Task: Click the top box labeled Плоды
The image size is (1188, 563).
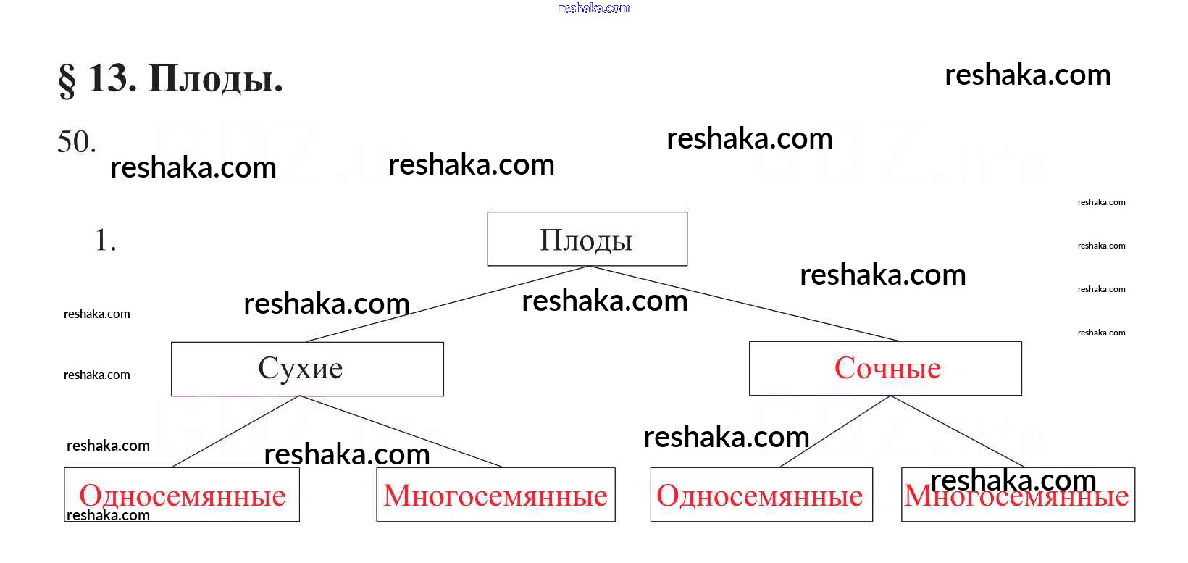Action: click(587, 239)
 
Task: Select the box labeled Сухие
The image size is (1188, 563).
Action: click(307, 369)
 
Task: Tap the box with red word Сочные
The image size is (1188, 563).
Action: click(885, 368)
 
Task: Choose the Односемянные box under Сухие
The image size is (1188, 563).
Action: click(182, 496)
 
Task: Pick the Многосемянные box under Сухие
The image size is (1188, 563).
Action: click(495, 496)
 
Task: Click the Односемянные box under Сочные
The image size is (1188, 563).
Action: click(761, 496)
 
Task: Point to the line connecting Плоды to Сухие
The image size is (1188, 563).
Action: click(449, 304)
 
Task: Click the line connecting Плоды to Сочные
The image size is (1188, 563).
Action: click(746, 304)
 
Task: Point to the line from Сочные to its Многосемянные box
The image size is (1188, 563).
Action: click(958, 431)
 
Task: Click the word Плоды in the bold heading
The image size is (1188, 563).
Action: click(215, 79)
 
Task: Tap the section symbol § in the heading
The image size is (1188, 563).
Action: click(67, 80)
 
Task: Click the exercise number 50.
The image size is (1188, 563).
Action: click(77, 142)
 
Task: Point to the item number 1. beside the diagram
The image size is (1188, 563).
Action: click(106, 241)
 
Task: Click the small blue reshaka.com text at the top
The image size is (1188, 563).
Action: click(595, 9)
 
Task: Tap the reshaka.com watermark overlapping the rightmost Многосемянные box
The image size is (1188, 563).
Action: click(1013, 480)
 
